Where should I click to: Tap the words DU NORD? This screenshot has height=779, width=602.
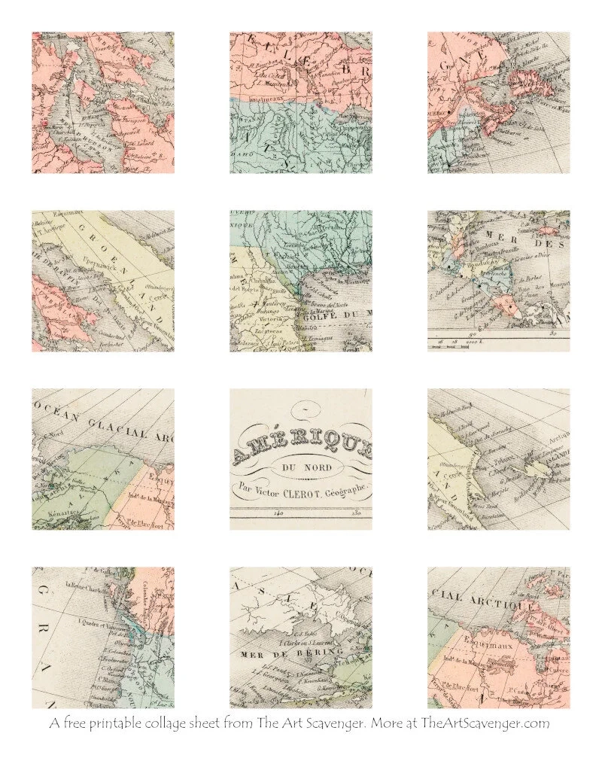click(301, 470)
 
